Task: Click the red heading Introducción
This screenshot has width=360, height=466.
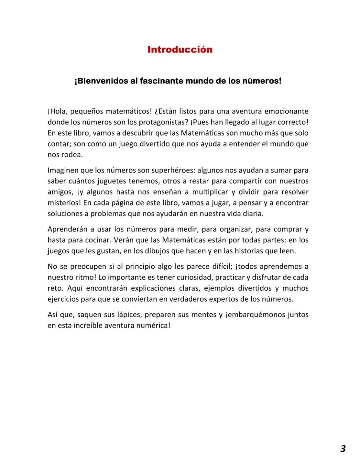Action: coord(180,50)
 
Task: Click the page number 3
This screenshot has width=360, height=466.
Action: coord(343,448)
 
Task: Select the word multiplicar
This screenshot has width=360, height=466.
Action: coord(210,192)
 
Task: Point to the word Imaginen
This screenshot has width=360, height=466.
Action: coord(63,170)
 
